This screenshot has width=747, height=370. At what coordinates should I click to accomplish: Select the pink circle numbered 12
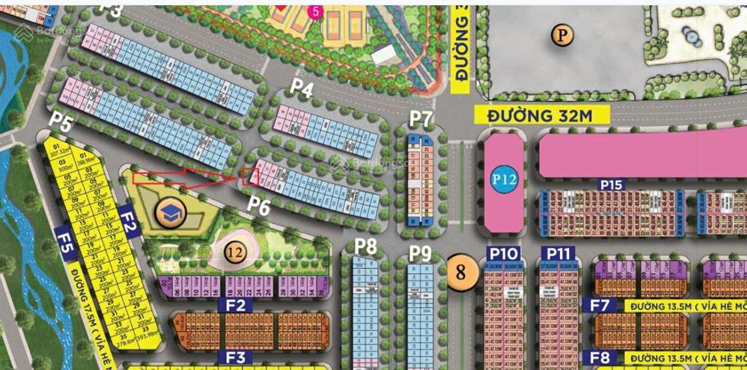234,253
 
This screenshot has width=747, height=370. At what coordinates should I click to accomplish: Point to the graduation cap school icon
172,213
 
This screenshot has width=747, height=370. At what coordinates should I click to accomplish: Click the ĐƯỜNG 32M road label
531,115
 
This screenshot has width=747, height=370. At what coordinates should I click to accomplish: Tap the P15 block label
611,185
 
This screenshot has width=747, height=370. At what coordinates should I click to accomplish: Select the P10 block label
503,254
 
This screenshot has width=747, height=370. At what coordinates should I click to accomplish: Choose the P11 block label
557,254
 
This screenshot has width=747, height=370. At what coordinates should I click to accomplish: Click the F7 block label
600,305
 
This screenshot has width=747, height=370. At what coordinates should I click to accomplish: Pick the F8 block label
600,358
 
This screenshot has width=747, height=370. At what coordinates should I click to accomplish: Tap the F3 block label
235,358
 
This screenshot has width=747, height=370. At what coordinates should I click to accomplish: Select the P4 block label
302,87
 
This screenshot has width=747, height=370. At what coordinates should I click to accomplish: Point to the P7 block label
421,117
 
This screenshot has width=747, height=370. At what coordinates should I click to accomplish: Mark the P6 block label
258,207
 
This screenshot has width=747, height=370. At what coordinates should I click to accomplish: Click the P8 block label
365,246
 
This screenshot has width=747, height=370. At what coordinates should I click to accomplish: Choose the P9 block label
420,253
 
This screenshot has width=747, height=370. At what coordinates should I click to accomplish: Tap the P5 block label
61,122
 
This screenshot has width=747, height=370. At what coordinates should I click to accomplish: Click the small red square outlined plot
250,176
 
